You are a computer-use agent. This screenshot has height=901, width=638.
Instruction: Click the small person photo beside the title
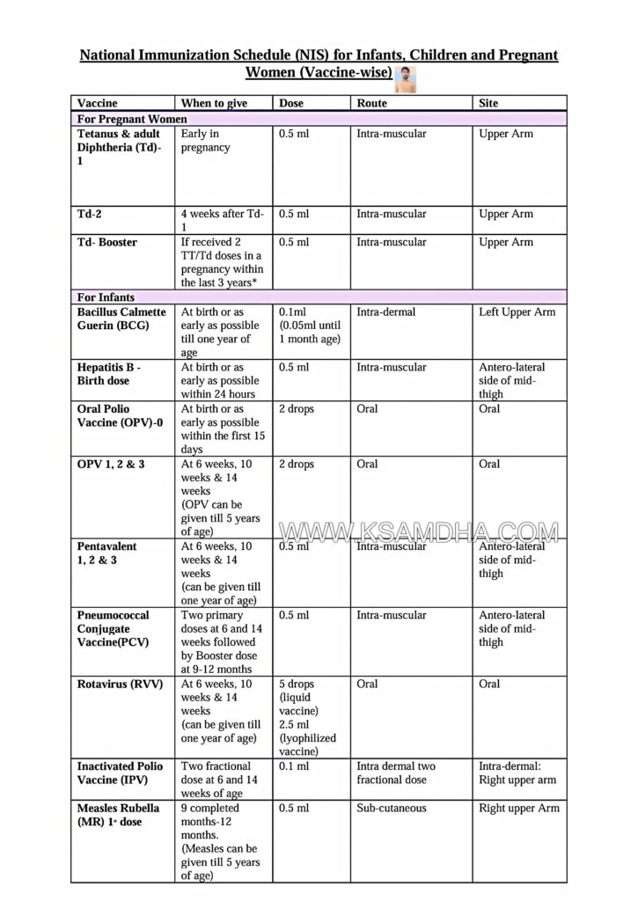(x=406, y=78)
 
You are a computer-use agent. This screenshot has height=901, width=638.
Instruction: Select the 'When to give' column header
(x=214, y=103)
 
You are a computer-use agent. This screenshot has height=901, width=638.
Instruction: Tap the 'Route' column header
(x=371, y=103)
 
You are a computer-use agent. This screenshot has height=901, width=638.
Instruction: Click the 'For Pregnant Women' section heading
(x=132, y=119)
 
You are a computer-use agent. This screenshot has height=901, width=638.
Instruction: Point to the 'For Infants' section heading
(x=106, y=297)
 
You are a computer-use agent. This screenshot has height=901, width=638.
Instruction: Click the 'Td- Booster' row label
(x=107, y=242)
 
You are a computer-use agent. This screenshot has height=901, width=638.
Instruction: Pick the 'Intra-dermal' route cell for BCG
(x=386, y=312)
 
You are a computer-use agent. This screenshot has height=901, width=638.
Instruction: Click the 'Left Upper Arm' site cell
(x=517, y=312)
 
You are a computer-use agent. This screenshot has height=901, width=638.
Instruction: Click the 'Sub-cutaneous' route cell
(x=392, y=808)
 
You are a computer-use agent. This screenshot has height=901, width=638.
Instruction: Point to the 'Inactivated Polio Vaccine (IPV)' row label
(x=120, y=773)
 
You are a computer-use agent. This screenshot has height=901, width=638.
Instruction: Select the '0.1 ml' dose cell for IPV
(x=294, y=766)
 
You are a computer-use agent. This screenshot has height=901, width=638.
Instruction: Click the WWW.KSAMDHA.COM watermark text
(x=419, y=532)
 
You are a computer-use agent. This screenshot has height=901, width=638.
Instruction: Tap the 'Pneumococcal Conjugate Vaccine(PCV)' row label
(x=113, y=628)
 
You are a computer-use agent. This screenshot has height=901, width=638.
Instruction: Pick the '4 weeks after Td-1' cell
(x=222, y=220)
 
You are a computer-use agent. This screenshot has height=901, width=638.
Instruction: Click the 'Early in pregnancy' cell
(x=206, y=141)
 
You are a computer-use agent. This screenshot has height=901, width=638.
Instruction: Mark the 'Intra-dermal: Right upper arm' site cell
(x=517, y=773)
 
